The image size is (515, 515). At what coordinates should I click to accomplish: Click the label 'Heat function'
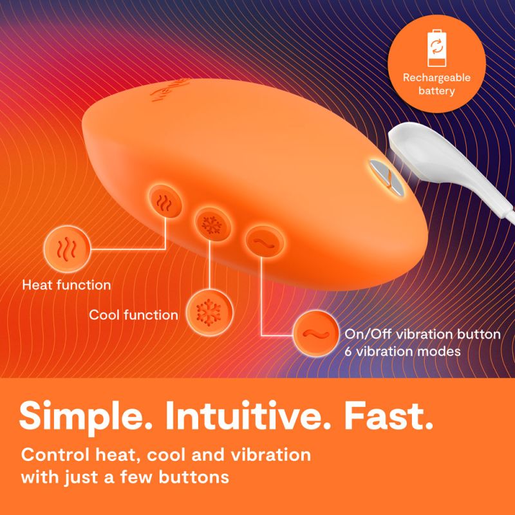point(66,284)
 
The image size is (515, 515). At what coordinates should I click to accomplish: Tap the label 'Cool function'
point(134,315)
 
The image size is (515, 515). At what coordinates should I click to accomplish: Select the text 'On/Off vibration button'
point(423,335)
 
